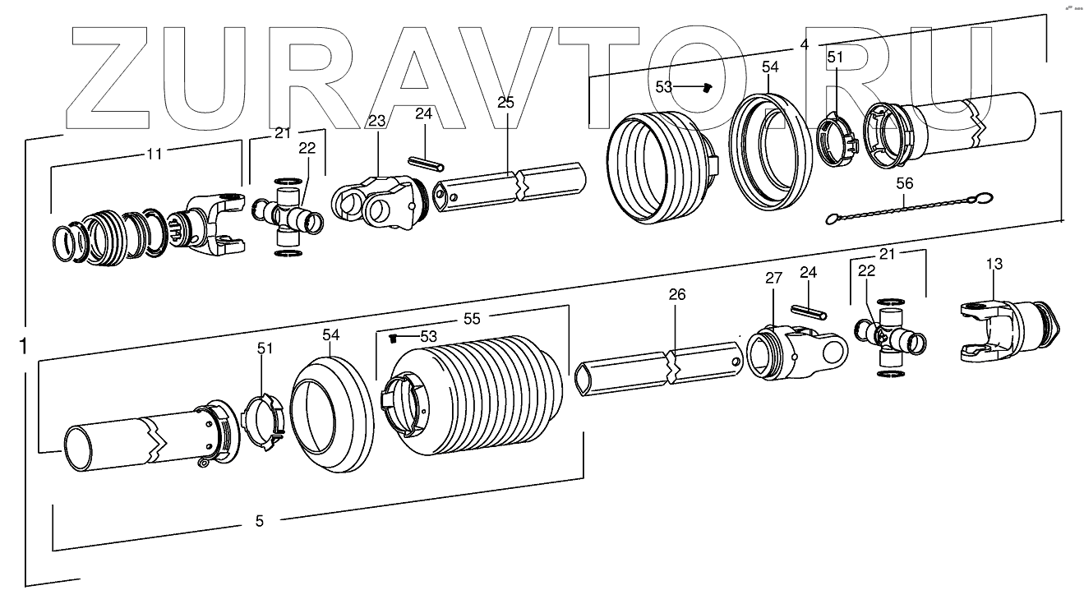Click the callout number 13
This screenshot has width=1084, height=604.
[x=994, y=264]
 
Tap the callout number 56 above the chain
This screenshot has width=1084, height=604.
[x=904, y=185]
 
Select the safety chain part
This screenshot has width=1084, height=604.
[x=908, y=208]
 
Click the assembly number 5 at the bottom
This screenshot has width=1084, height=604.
[x=260, y=520]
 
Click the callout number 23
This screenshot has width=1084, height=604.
[x=376, y=122]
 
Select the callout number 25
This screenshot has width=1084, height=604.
[x=505, y=102]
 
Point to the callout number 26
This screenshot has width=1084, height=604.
[x=676, y=293]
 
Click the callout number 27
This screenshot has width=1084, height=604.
[x=773, y=279]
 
